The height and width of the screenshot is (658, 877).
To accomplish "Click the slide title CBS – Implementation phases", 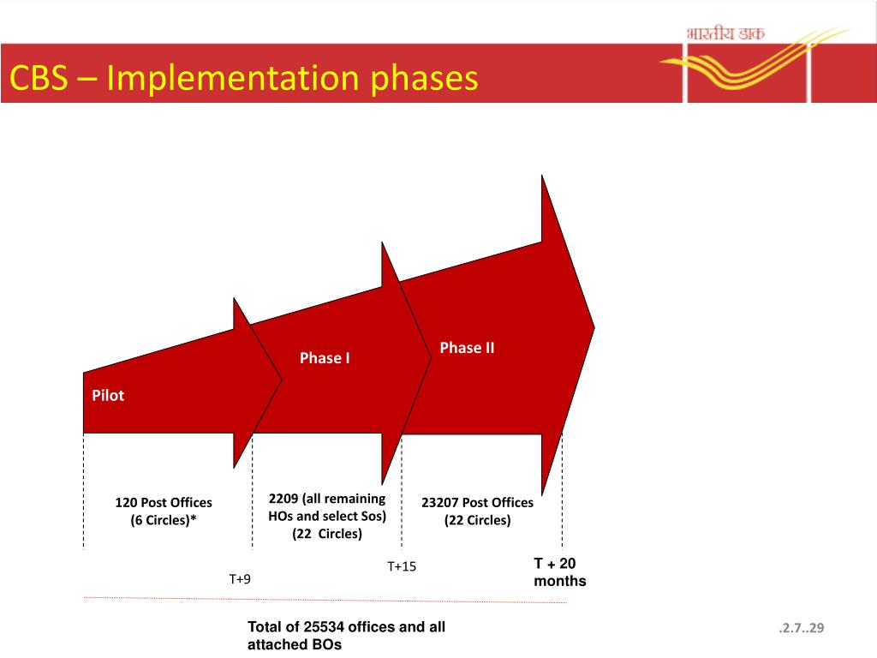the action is (x=243, y=79).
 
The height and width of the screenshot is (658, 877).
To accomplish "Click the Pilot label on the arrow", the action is (x=108, y=396).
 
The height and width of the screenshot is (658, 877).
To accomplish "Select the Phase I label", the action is (x=325, y=358).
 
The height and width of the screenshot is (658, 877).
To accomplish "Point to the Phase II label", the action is (x=467, y=348).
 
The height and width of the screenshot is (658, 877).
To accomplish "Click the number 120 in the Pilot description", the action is (x=127, y=503).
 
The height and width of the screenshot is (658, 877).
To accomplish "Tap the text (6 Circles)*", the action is (x=164, y=520).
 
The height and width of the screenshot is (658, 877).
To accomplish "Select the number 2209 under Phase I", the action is (x=283, y=499).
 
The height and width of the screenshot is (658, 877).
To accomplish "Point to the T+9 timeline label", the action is (x=240, y=579).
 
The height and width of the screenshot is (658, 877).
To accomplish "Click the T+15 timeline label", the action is (x=402, y=566).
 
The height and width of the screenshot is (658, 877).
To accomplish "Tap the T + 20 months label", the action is (x=560, y=572).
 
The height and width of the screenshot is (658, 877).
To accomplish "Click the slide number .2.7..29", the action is (x=801, y=630).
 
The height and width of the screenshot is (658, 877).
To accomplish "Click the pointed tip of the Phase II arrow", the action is (x=594, y=326).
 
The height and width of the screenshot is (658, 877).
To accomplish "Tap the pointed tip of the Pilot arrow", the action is (x=282, y=379).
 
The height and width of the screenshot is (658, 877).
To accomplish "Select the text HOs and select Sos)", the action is (x=327, y=517).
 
